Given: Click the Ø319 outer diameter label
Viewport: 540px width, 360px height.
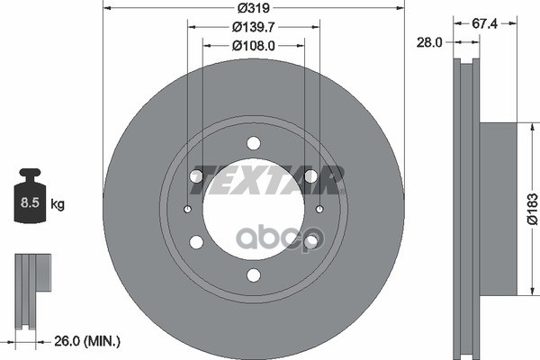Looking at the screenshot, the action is pos(254,8).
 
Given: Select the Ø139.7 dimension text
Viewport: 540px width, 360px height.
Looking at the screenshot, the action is pos(254,27).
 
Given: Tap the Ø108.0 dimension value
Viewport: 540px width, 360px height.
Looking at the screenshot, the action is pos(254,46).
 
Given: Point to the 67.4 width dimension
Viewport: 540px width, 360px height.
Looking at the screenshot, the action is pos(484,23).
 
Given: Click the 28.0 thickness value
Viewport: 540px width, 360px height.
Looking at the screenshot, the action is pos(429,42).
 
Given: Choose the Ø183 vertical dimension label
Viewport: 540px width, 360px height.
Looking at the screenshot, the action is pos(533,209).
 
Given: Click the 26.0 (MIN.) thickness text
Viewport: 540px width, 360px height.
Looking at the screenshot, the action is pos(87,341).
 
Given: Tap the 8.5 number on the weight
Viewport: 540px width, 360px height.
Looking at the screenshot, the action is pos(30,202).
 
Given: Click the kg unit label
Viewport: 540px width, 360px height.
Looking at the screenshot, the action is pos(58,204).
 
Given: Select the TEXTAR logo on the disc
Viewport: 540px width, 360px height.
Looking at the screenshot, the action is pos(267,180).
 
